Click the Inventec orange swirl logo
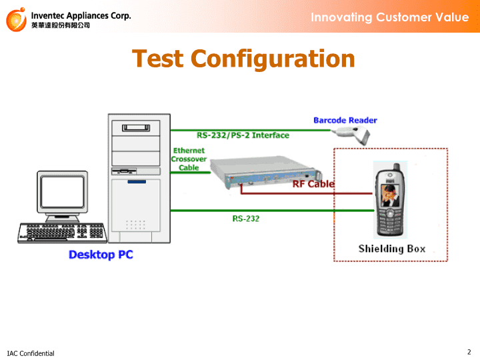click(16, 19)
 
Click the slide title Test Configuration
click(243, 59)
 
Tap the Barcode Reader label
click(345, 120)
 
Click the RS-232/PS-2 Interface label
click(243, 135)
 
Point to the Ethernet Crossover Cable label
click(189, 159)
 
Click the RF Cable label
click(313, 184)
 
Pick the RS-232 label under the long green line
click(246, 219)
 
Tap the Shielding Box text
click(392, 249)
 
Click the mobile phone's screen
click(390, 195)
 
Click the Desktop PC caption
click(101, 255)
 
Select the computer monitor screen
click(63, 191)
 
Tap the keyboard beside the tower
click(63, 233)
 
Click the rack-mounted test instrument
click(266, 172)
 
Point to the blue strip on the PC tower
click(137, 182)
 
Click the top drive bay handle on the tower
click(136, 127)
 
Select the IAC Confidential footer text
click(31, 353)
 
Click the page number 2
click(469, 352)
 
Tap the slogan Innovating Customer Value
click(390, 17)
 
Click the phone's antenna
click(397, 167)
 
